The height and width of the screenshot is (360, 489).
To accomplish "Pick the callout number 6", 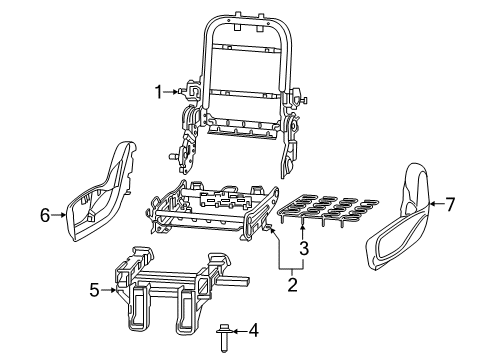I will (x=45, y=213).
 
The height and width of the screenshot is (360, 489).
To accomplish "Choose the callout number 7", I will (x=450, y=206).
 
